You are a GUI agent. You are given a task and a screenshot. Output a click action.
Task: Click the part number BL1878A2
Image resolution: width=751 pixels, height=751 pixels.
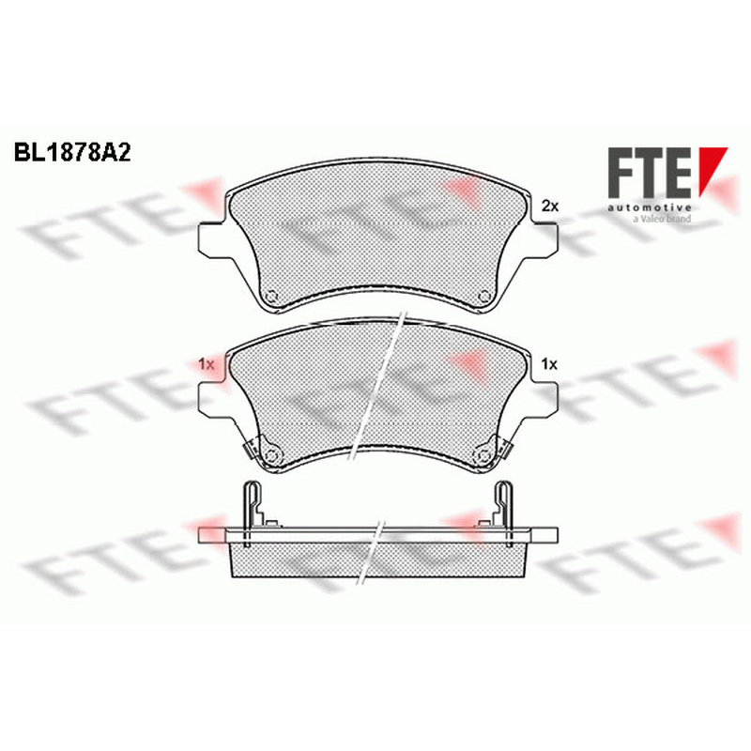(x=72, y=153)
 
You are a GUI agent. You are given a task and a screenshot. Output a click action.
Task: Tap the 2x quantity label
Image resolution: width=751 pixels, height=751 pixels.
(x=550, y=207)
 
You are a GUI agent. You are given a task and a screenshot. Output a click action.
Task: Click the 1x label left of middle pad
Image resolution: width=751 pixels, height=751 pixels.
(x=206, y=364)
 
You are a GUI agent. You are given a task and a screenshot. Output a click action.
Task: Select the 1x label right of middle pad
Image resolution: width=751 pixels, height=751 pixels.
(x=549, y=364)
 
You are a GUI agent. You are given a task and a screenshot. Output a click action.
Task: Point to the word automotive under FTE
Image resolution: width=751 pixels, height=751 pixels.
(x=650, y=207)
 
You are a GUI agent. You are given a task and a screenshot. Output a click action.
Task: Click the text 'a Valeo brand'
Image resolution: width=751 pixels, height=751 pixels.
(x=662, y=219)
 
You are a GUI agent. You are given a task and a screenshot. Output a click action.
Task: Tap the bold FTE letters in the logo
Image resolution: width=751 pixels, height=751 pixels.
(x=650, y=173)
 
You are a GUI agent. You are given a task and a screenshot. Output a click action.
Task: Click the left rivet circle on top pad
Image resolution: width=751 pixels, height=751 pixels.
(x=272, y=297)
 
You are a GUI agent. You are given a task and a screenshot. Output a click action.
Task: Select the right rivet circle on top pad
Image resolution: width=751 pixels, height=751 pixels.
(x=484, y=296)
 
